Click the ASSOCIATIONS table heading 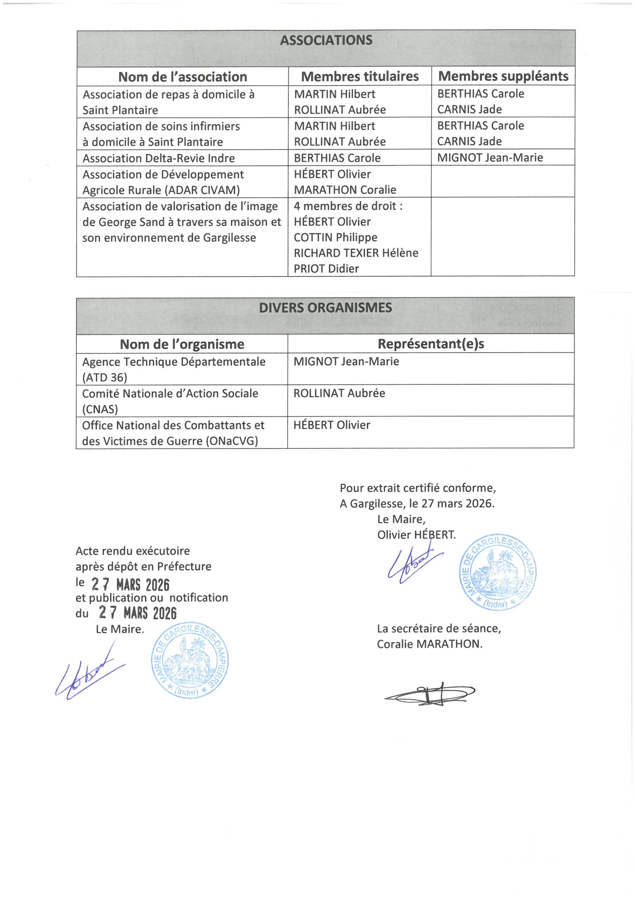pos(326,40)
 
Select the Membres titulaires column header pos(360,76)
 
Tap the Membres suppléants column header pos(503,76)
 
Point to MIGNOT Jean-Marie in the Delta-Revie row pos(490,157)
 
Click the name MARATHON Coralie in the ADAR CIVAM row pos(345,190)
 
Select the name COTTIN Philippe pos(335,237)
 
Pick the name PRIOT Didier pos(326,269)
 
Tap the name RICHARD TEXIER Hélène pos(356,253)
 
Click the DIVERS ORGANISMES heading pos(325,308)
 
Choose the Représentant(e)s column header pos(431,344)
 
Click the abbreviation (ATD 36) pos(105,378)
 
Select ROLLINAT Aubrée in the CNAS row pos(339,393)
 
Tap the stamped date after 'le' pos(130,585)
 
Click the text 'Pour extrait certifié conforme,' pos(417,488)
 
